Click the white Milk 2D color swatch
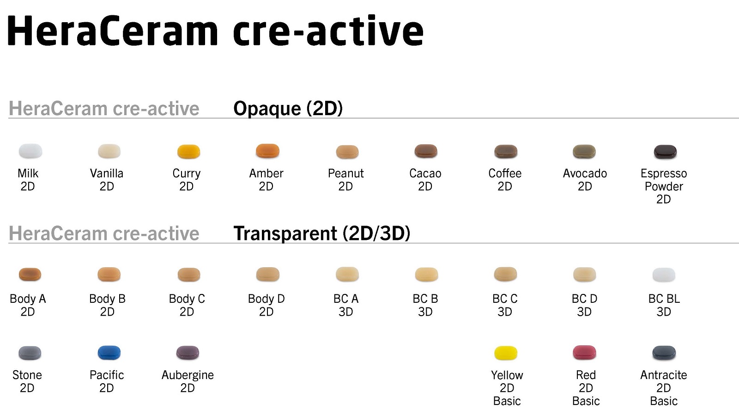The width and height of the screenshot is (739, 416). (30, 151)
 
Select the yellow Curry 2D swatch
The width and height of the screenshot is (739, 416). (188, 151)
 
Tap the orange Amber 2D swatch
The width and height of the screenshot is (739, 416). (267, 151)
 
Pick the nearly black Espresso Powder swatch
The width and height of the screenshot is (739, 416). (665, 151)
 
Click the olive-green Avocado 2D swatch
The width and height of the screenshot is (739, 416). (584, 151)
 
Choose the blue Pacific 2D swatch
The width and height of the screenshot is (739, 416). (109, 353)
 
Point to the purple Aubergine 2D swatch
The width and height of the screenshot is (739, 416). (188, 353)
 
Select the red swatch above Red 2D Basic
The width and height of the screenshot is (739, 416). (584, 353)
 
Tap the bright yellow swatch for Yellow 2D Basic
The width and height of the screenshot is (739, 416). (506, 353)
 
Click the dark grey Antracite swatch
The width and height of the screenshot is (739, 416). (664, 353)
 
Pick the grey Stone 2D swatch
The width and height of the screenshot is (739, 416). (30, 353)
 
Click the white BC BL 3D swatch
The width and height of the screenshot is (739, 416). (664, 275)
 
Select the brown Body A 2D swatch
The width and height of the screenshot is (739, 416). (30, 274)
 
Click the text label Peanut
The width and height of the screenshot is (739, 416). (345, 173)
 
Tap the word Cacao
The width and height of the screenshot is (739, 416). (425, 173)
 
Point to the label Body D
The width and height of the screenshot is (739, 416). (266, 299)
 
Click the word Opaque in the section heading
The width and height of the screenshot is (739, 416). (267, 109)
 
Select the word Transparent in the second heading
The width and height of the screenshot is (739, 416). (285, 233)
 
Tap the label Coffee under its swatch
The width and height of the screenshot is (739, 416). (505, 173)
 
